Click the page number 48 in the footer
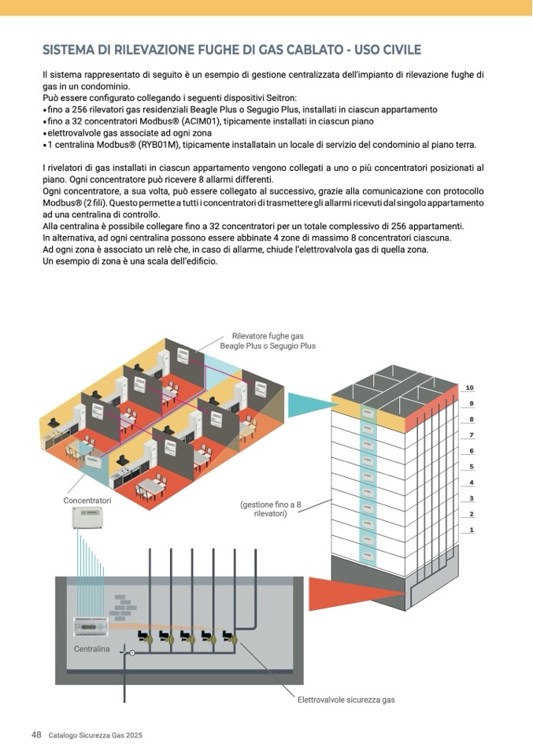coord(36,734)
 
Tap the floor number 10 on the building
coord(470,388)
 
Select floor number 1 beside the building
coord(472,530)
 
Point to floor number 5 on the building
coord(471,467)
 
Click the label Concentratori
coord(87,501)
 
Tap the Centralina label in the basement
coord(92,649)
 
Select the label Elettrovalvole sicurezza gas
coord(346,699)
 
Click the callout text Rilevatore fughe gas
coord(268,336)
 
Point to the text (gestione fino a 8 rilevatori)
coord(270,508)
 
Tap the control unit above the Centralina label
coord(94,626)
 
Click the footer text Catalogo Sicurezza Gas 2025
coord(95,735)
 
